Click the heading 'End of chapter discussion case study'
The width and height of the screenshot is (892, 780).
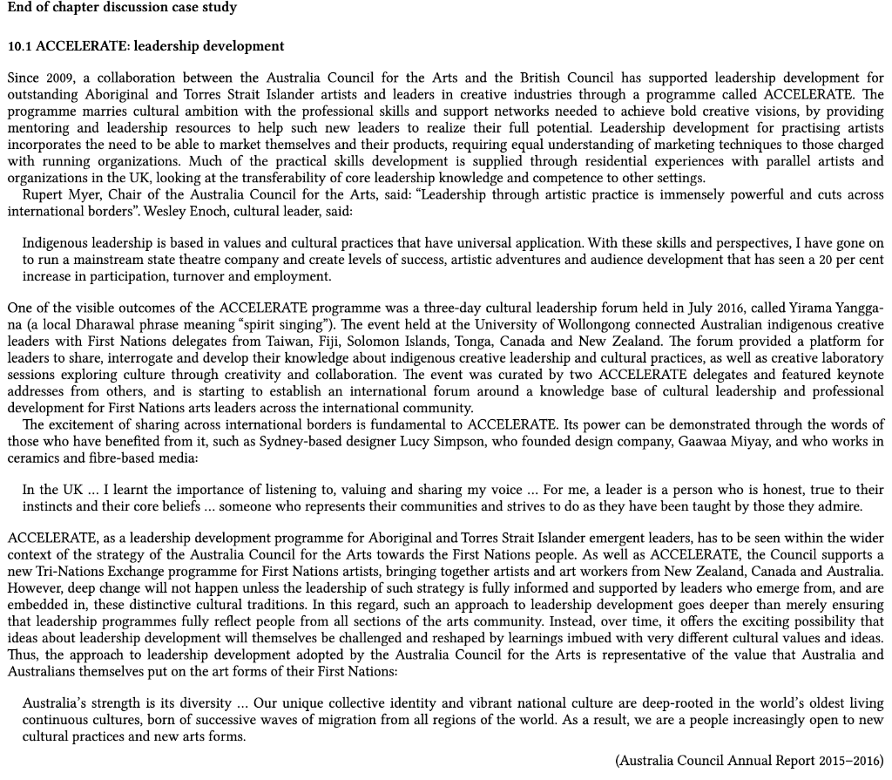(121, 8)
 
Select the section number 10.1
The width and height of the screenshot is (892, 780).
(20, 45)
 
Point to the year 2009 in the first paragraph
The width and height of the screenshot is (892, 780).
(59, 78)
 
